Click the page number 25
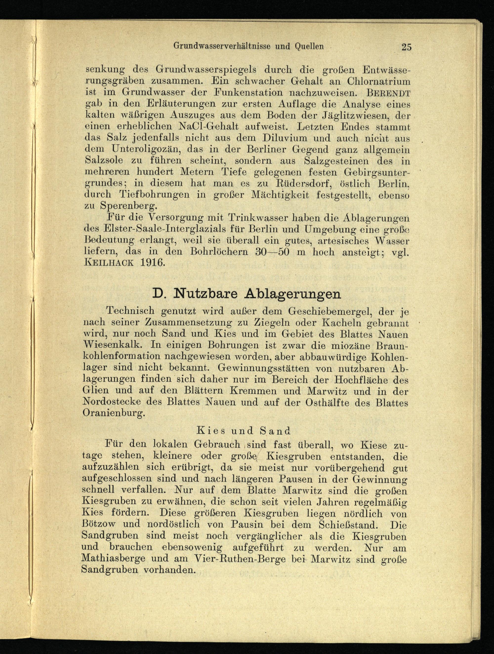(x=406, y=47)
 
